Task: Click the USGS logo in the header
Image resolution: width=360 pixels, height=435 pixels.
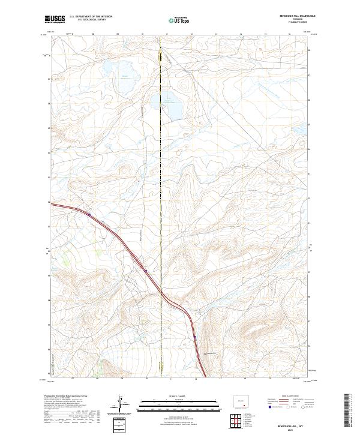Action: pyautogui.click(x=55, y=20)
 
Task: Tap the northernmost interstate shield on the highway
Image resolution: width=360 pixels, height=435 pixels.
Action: pyautogui.click(x=89, y=213)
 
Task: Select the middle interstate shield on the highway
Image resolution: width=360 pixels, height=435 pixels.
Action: pyautogui.click(x=145, y=271)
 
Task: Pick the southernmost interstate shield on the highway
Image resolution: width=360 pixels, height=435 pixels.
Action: pyautogui.click(x=194, y=337)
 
